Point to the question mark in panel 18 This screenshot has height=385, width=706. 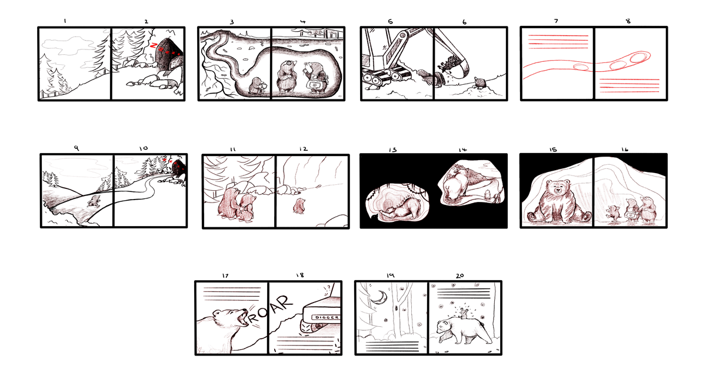(x=329, y=287)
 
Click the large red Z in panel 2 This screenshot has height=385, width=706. (x=154, y=45)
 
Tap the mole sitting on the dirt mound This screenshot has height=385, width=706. (x=480, y=83)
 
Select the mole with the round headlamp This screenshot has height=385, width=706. (x=287, y=77)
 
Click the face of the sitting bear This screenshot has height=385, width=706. (x=558, y=188)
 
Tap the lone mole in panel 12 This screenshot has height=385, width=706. (x=299, y=206)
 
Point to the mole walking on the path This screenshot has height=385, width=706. (x=94, y=201)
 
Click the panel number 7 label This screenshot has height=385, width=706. (x=556, y=21)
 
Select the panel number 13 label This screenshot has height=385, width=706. (x=393, y=150)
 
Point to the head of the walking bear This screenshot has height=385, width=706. (x=446, y=327)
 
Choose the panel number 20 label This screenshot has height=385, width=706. (x=460, y=276)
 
